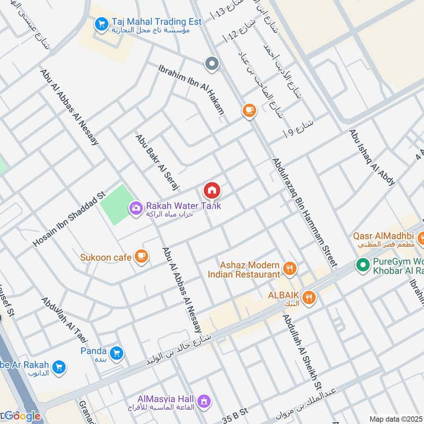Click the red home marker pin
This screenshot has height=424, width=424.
(212, 190)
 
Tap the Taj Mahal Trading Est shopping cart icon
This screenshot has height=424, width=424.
(101, 24)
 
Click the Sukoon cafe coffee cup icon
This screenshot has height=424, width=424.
(141, 257)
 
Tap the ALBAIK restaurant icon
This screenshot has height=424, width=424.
(310, 297)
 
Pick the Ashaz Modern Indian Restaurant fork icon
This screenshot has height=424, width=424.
(289, 269)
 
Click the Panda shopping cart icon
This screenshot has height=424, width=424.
(117, 352)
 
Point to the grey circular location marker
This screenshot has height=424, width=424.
(212, 64)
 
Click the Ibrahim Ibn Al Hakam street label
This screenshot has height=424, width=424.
(191, 89)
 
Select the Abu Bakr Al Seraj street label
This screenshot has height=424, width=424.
(158, 162)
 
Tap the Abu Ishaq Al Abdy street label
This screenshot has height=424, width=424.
(372, 157)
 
